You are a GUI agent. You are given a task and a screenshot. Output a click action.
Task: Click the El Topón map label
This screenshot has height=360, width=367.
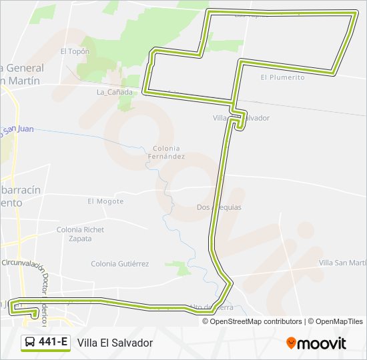tap(74, 51)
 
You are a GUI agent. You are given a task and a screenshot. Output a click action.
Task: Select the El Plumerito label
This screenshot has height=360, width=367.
tap(282, 77)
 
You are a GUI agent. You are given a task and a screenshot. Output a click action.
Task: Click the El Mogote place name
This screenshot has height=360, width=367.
tap(105, 201)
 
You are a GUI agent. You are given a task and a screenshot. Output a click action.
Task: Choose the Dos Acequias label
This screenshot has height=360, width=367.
tap(219, 207)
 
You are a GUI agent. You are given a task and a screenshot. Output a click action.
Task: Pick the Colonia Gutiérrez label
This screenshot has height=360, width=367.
tap(119, 263)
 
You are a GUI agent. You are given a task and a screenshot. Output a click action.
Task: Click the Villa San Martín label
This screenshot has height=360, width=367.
tap(342, 263)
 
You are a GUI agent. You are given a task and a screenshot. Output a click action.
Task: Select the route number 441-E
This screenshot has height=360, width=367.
tap(53, 343)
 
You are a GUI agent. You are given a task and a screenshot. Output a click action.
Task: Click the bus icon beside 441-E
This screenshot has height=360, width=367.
tap(31, 343)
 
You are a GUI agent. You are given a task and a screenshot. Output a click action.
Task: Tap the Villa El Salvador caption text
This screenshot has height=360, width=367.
tap(115, 343)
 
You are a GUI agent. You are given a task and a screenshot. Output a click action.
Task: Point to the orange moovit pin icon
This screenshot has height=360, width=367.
tap(291, 343)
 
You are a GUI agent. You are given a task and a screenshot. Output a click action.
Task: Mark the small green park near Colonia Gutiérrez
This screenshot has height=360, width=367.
tap(178, 268)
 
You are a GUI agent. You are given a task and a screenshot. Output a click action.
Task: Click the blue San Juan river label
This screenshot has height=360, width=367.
tap(17, 129)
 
